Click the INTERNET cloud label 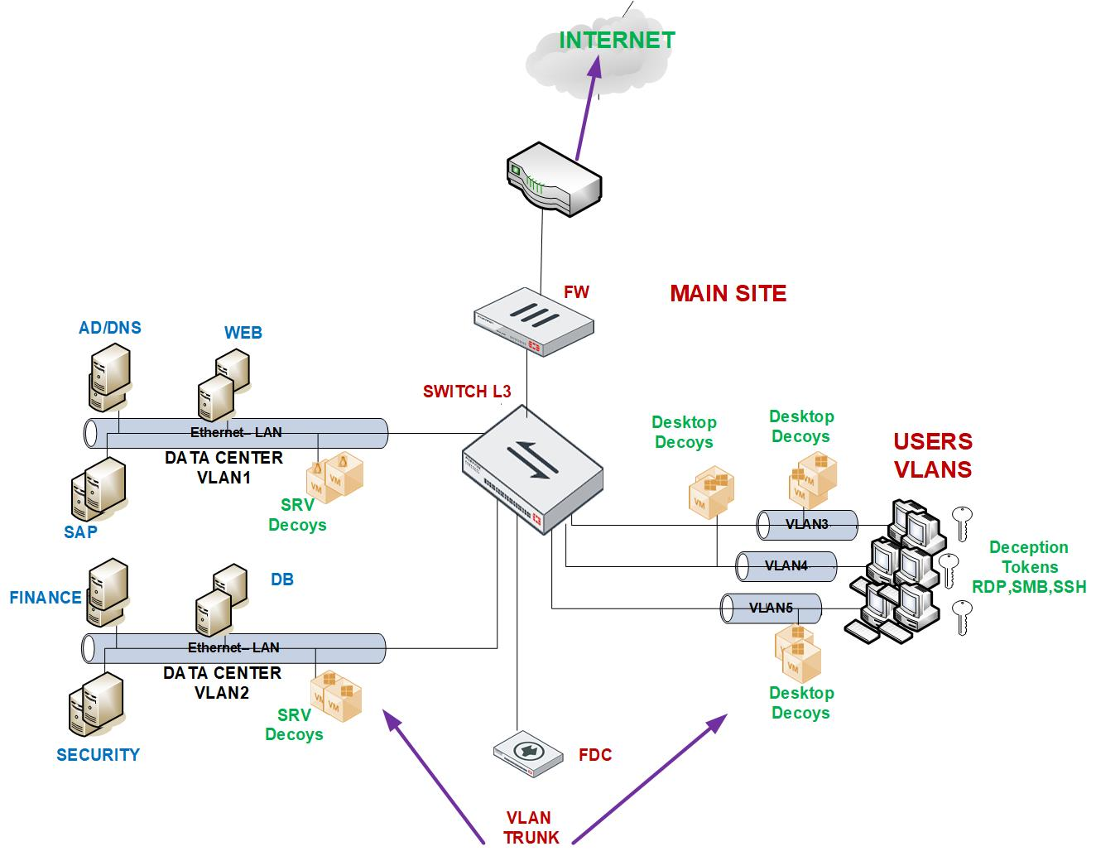pyautogui.click(x=617, y=40)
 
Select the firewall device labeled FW pyautogui.click(x=534, y=322)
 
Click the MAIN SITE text pyautogui.click(x=728, y=293)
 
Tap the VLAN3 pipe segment pyautogui.click(x=807, y=524)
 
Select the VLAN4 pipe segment pyautogui.click(x=786, y=566)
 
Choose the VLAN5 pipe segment pyautogui.click(x=771, y=608)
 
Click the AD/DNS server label pyautogui.click(x=110, y=328)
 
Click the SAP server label pyautogui.click(x=80, y=531)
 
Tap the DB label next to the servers pyautogui.click(x=282, y=579)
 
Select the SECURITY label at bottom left pyautogui.click(x=98, y=754)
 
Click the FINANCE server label pyautogui.click(x=46, y=598)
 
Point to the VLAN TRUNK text pyautogui.click(x=531, y=827)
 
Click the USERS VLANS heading pyautogui.click(x=933, y=455)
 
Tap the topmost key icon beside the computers pyautogui.click(x=960, y=521)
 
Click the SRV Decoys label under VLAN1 pyautogui.click(x=297, y=515)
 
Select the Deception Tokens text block pyautogui.click(x=1029, y=567)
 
